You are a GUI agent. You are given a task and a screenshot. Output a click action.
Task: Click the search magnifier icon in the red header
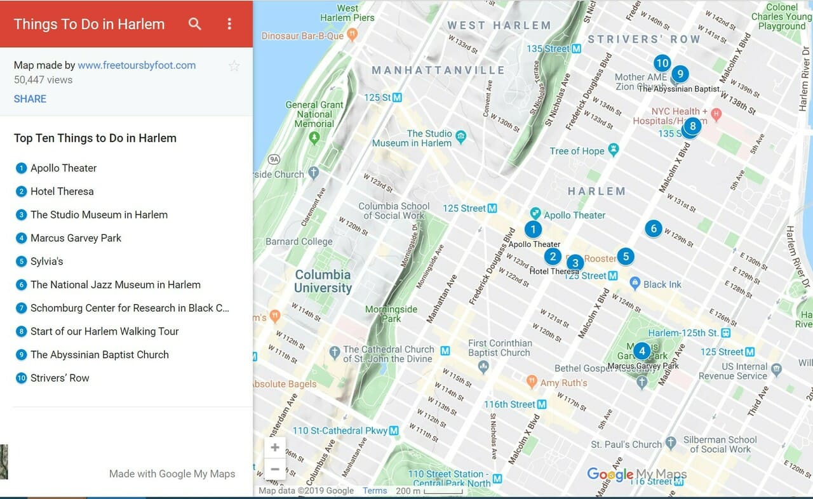click(195, 24)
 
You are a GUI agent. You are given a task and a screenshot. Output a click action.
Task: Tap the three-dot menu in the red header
click(229, 24)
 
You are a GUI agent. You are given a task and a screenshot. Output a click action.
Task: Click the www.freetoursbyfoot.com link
click(137, 65)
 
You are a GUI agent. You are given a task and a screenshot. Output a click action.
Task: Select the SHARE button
click(30, 98)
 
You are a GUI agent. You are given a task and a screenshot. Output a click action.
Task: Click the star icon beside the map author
click(234, 65)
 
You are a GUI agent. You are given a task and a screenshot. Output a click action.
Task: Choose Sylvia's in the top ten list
click(46, 261)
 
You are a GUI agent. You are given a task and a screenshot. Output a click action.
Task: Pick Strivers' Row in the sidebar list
click(60, 378)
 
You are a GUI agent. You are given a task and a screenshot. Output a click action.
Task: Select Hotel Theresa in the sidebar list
click(62, 191)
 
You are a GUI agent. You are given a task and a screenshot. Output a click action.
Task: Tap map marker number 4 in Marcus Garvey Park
click(642, 350)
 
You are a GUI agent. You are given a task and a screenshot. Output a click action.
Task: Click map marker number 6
click(653, 229)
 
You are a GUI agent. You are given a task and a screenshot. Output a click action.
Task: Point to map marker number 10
click(662, 63)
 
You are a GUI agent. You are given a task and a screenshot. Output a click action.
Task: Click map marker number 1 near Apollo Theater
click(533, 229)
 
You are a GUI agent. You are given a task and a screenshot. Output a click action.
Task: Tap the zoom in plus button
click(275, 448)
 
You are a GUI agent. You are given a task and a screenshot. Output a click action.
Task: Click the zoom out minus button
click(275, 470)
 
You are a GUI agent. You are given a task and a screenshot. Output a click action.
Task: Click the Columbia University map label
click(323, 281)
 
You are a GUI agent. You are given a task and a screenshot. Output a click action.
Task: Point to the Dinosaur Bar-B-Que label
click(302, 36)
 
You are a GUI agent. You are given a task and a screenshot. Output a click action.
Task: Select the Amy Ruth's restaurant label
click(563, 383)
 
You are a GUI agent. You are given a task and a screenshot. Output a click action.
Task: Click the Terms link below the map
click(375, 491)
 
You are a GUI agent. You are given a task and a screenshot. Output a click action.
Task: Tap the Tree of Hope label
click(577, 150)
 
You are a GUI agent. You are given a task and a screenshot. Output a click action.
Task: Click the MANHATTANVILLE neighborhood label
click(438, 70)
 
